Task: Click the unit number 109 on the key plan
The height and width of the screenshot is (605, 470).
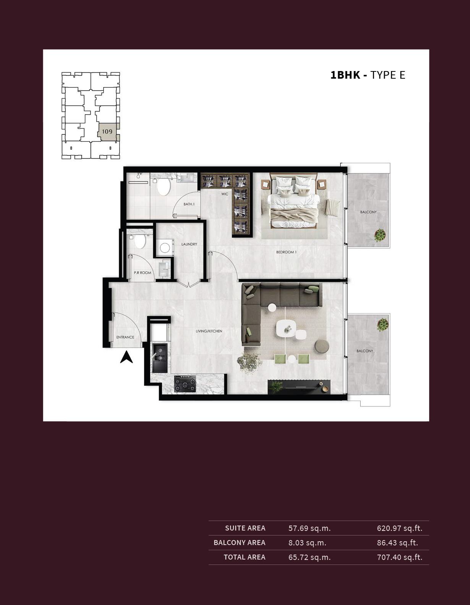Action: click(x=107, y=131)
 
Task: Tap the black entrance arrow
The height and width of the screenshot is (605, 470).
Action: click(x=126, y=357)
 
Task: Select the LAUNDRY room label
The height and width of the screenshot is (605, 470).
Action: click(x=189, y=244)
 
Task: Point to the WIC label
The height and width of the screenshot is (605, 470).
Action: click(x=225, y=194)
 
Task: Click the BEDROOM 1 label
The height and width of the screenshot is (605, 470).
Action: click(x=286, y=252)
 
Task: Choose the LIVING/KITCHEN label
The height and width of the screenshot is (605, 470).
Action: click(x=209, y=331)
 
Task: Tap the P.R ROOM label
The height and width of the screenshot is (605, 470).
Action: click(x=142, y=273)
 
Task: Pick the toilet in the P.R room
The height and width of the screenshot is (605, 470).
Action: click(x=140, y=241)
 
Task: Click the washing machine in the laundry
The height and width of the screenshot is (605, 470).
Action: click(x=165, y=248)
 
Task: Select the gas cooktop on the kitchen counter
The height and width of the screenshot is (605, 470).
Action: click(x=185, y=384)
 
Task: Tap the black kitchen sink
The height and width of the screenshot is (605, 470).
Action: click(x=160, y=358)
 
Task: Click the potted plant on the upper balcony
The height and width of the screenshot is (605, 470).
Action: click(x=380, y=235)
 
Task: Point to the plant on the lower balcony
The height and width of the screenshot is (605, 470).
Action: click(x=382, y=325)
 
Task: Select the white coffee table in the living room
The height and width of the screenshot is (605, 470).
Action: click(x=286, y=329)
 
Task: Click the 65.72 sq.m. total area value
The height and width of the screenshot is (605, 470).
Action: click(x=310, y=557)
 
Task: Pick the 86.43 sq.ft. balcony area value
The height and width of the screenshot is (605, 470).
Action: click(x=397, y=543)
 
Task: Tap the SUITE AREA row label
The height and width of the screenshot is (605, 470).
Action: click(x=245, y=528)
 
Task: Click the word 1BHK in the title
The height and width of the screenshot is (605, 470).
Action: click(x=345, y=75)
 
